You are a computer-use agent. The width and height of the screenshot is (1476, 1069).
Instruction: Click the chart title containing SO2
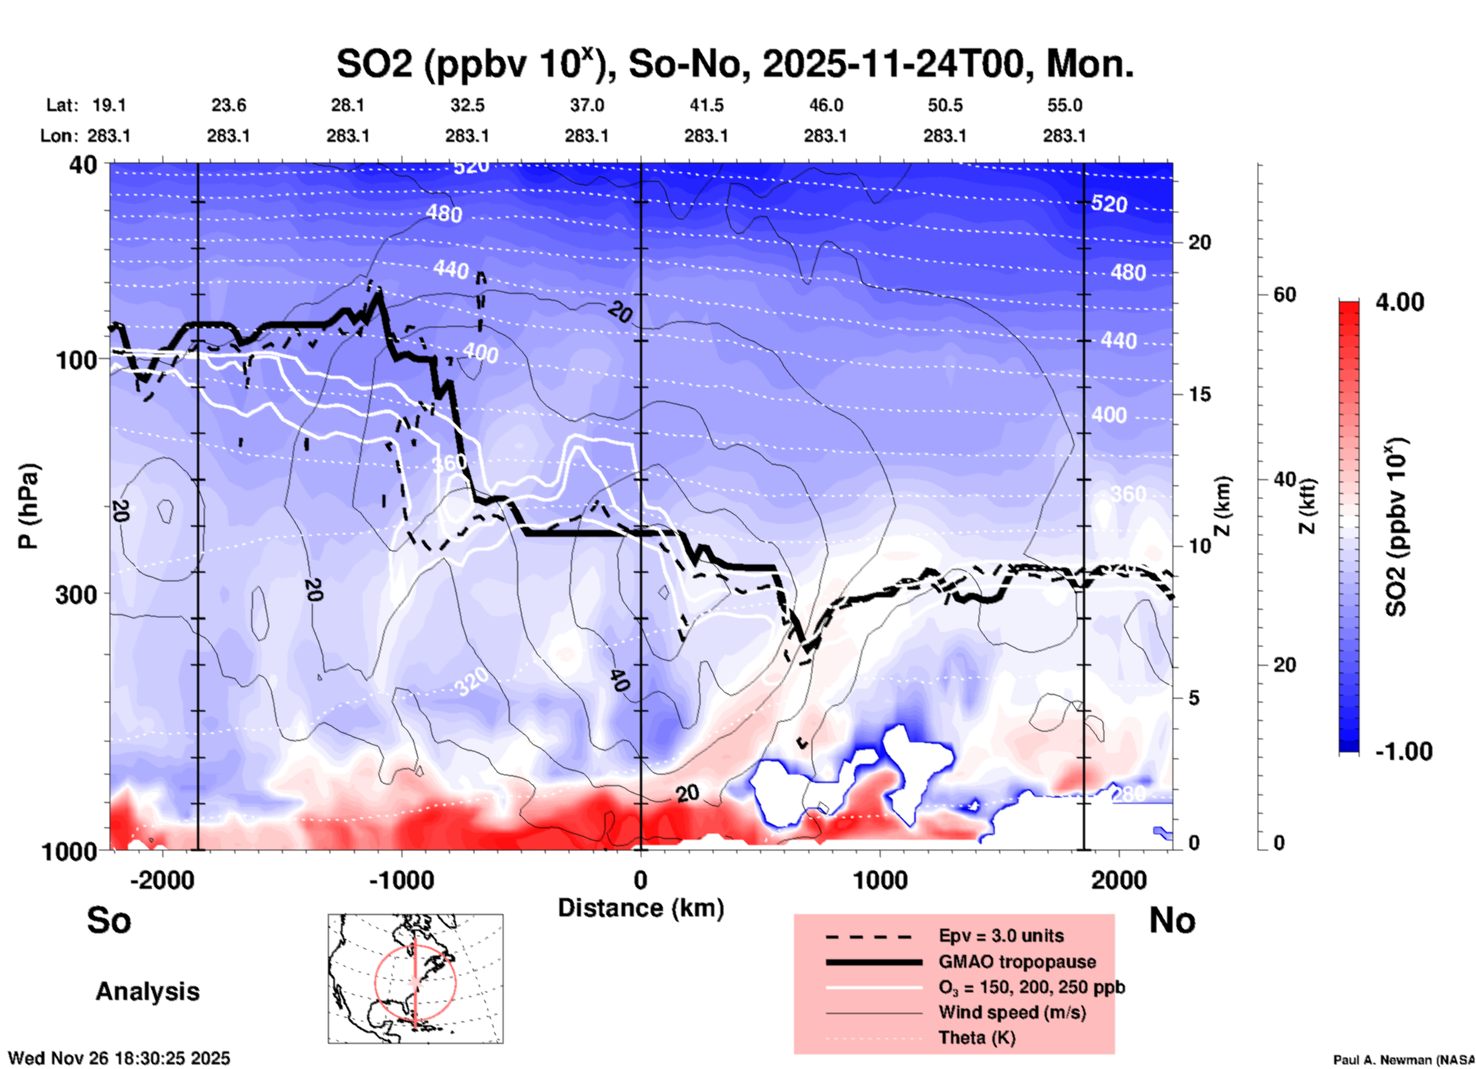click(734, 64)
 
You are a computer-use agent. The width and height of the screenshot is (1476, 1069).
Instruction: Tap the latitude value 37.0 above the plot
click(586, 105)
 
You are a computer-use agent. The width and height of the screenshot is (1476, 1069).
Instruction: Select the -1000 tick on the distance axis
click(402, 880)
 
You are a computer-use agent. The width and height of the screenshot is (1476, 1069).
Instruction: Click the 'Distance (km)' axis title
click(641, 908)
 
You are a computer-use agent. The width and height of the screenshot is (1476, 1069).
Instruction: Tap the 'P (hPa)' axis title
click(28, 506)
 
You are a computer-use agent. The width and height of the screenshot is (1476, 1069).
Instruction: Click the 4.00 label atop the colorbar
click(1399, 302)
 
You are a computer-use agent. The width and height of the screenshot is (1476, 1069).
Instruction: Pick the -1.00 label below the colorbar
click(1402, 752)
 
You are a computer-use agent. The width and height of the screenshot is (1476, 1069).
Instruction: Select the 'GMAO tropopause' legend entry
click(1017, 962)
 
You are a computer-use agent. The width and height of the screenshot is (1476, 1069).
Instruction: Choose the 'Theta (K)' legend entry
click(976, 1038)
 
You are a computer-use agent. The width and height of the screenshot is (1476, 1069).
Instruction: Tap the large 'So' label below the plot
click(109, 920)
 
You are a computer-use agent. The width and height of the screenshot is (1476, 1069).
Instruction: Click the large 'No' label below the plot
click(1172, 920)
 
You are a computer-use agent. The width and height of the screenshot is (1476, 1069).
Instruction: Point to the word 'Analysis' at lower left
click(147, 992)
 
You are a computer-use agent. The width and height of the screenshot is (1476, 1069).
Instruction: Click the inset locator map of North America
click(415, 979)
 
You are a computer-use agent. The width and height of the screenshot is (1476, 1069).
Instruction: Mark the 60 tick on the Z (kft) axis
click(1284, 294)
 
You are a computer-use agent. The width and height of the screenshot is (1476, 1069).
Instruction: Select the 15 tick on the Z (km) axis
click(1199, 394)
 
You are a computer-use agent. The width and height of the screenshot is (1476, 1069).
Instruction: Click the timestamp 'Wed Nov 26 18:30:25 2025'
click(119, 1058)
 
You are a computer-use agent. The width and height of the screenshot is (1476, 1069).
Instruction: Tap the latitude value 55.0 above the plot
click(1064, 105)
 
